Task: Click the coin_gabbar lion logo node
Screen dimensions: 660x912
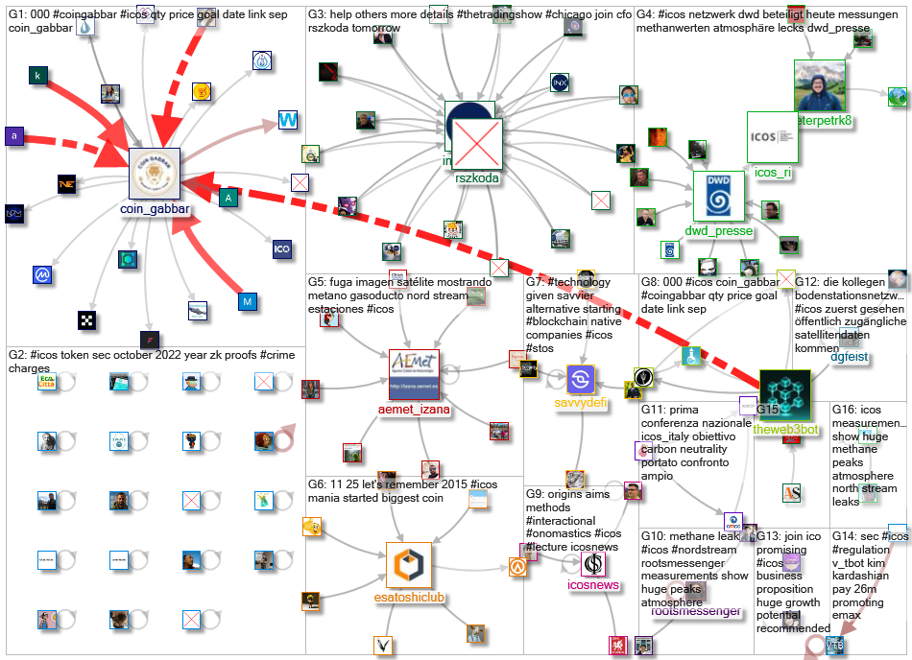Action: pyautogui.click(x=156, y=174)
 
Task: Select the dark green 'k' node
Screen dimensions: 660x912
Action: pyautogui.click(x=38, y=76)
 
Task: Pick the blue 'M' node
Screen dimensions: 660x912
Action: pyautogui.click(x=248, y=302)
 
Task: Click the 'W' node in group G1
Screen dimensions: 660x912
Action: pyautogui.click(x=288, y=120)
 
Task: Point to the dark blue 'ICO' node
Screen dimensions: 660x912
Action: pyautogui.click(x=281, y=249)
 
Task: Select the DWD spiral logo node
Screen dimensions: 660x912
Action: pyautogui.click(x=719, y=197)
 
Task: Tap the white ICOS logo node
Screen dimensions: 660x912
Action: pyautogui.click(x=773, y=137)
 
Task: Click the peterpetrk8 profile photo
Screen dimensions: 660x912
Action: pyautogui.click(x=819, y=86)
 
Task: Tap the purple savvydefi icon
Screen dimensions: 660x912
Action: pyautogui.click(x=582, y=379)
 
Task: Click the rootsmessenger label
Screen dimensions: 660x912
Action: pyautogui.click(x=696, y=611)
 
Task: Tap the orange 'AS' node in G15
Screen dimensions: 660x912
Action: pyautogui.click(x=792, y=492)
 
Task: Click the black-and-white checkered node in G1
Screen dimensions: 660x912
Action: pyautogui.click(x=87, y=319)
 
